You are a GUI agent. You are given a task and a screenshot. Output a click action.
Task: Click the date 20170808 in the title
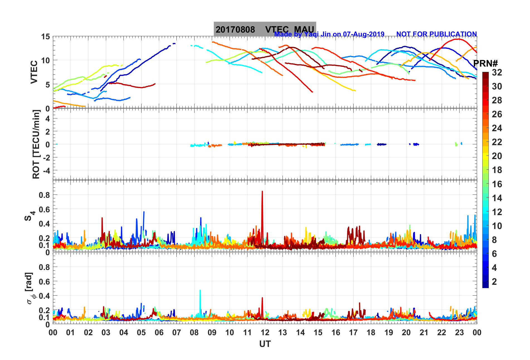(235, 30)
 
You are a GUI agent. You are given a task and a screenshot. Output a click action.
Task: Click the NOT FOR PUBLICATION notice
(436, 34)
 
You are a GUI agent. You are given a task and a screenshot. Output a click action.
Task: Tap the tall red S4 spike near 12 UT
(262, 195)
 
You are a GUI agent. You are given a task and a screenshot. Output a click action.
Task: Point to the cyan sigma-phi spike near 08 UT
(200, 293)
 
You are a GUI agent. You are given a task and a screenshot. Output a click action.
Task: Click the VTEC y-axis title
(34, 72)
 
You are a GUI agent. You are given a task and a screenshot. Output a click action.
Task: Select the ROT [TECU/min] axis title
(36, 144)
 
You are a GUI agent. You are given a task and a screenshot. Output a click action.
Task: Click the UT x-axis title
(265, 344)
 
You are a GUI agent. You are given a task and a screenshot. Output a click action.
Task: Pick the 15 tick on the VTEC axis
(45, 37)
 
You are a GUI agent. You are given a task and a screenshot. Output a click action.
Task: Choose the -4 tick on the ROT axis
(46, 170)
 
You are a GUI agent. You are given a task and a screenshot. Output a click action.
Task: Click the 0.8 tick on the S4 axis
(44, 195)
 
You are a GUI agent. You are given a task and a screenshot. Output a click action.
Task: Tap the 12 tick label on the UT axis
(265, 332)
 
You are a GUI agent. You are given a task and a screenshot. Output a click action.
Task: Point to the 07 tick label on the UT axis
(177, 332)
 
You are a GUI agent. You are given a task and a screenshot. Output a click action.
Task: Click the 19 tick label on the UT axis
(389, 332)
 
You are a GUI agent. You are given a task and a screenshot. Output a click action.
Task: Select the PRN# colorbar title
(485, 64)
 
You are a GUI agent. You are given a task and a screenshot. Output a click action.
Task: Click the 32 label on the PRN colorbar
(497, 72)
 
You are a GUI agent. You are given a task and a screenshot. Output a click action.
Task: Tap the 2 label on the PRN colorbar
(494, 281)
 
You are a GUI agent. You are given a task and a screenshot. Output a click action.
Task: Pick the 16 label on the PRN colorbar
(497, 184)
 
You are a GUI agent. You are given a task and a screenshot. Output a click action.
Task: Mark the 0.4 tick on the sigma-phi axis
(44, 296)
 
